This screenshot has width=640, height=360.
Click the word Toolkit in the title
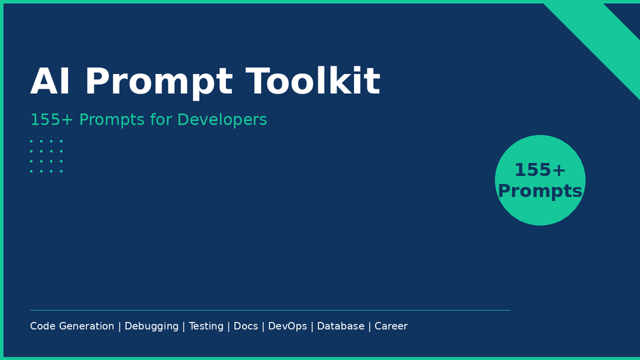[x=313, y=81]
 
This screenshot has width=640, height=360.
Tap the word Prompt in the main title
[x=159, y=83]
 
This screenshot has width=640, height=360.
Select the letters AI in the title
[x=50, y=81]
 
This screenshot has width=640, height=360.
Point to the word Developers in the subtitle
[x=222, y=120]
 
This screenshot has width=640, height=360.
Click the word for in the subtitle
[x=161, y=119]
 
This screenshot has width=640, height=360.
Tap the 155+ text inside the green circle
[x=540, y=169]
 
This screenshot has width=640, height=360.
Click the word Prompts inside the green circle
[x=540, y=191]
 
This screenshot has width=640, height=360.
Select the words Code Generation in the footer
[x=72, y=326]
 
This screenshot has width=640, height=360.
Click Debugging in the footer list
[x=152, y=326]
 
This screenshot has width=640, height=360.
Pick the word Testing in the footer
[x=206, y=326]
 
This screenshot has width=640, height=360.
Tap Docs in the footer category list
[x=246, y=326]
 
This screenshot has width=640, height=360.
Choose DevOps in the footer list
[x=287, y=326]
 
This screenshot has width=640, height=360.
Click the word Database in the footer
[x=341, y=326]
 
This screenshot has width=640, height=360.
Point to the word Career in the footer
[x=391, y=326]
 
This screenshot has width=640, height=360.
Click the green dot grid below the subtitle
[x=46, y=156]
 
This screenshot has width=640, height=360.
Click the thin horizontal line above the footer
[x=270, y=310]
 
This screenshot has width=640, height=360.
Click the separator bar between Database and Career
[x=370, y=326]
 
